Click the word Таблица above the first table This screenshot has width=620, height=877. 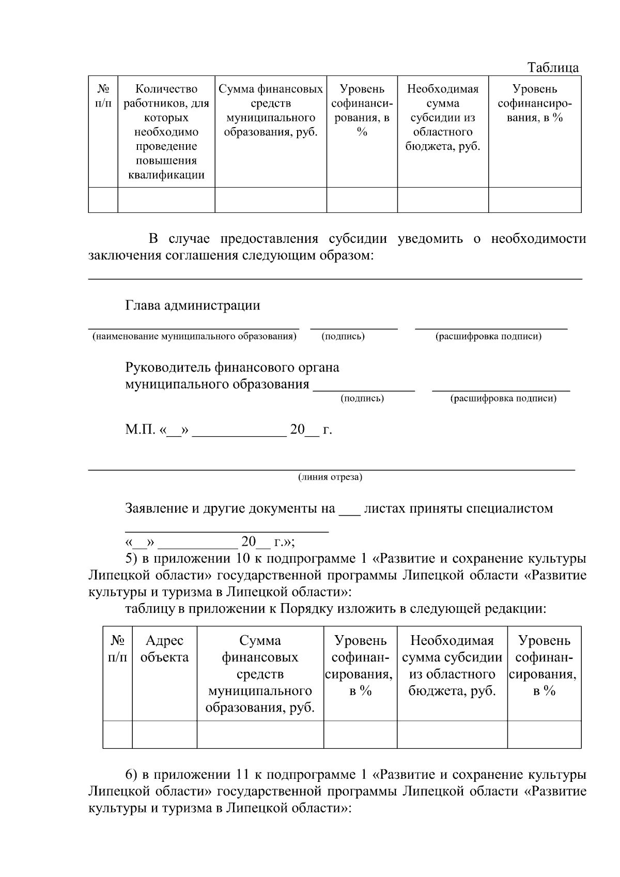(x=552, y=68)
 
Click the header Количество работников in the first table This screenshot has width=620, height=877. (x=166, y=96)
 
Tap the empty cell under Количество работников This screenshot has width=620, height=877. (x=166, y=200)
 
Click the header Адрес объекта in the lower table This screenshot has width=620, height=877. (x=164, y=649)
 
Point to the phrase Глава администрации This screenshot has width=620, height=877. (x=192, y=305)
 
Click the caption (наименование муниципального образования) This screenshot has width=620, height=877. (x=194, y=336)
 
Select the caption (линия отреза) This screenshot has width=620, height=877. (x=330, y=477)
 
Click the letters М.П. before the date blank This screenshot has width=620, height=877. (x=139, y=429)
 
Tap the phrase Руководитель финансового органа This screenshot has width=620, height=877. (x=232, y=367)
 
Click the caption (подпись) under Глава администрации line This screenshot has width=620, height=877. (x=343, y=336)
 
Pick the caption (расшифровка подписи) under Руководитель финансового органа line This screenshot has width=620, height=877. (x=503, y=398)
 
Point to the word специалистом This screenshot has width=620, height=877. (x=509, y=508)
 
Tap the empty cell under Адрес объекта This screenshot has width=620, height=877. (x=164, y=734)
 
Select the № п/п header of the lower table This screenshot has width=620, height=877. (x=117, y=649)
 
